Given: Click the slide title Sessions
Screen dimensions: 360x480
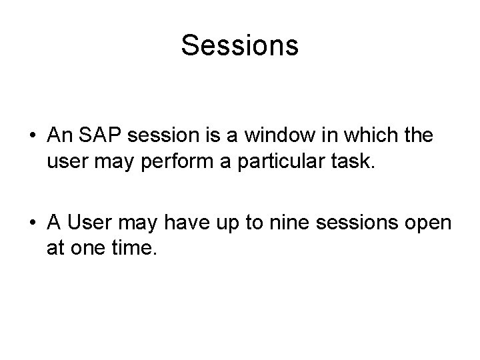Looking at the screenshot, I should [x=239, y=46].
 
